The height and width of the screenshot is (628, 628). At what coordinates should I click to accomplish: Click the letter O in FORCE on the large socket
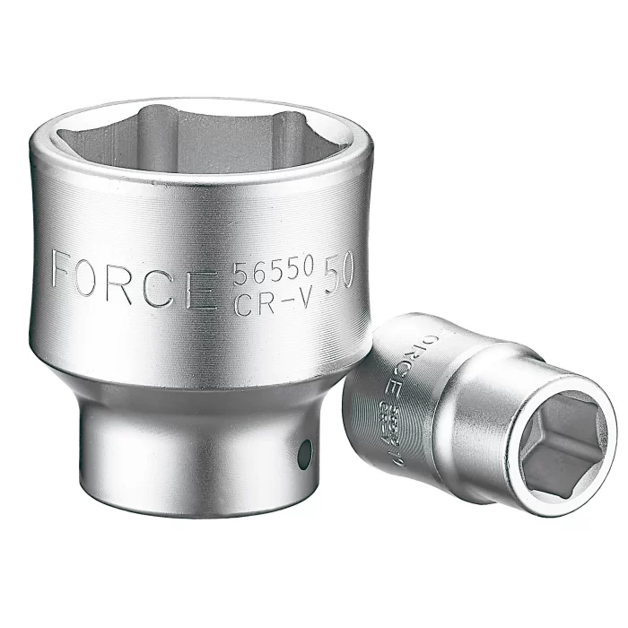(99, 274)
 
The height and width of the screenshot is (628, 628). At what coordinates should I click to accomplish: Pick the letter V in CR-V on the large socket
(304, 301)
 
